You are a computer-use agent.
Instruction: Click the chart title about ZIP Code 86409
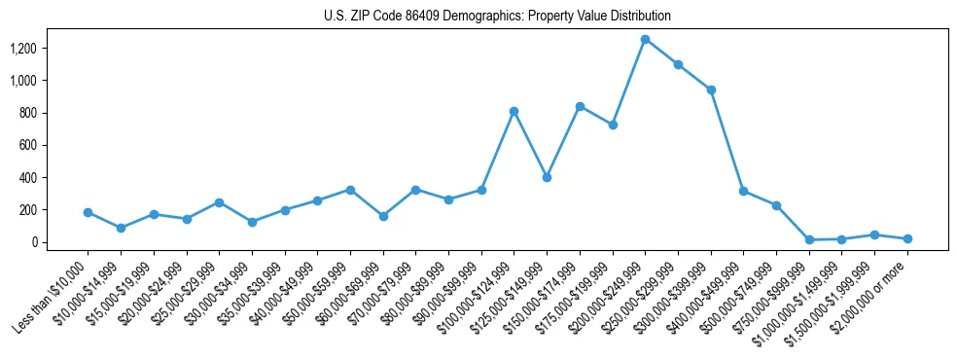point(497,17)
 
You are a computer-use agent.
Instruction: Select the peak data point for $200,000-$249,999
point(645,39)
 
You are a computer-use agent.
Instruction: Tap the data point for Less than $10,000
point(88,212)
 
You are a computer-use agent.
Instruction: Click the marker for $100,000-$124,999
point(514,111)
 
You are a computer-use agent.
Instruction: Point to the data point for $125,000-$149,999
point(547,177)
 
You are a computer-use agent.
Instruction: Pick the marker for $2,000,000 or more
point(907,238)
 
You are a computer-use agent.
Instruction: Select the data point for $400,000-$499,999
point(743,191)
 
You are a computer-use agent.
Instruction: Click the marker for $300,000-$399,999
point(711,90)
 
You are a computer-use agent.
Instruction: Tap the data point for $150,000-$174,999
point(580,106)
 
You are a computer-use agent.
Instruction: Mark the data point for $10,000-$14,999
point(121,228)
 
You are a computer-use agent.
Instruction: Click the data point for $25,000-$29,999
point(219,202)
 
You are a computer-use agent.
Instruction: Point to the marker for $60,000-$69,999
point(383,216)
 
